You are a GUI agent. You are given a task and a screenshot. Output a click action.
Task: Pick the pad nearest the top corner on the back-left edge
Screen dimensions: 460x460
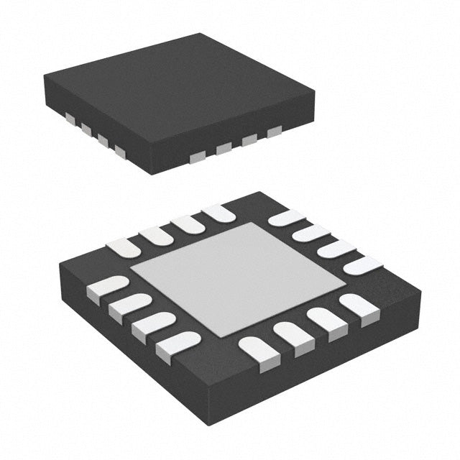[220, 213]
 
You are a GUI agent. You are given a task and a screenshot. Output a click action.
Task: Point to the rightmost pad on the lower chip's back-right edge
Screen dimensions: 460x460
[363, 265]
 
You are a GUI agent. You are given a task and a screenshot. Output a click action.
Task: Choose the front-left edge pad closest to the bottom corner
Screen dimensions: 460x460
[176, 344]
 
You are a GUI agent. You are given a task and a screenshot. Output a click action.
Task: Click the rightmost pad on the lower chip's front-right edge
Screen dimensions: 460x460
[359, 305]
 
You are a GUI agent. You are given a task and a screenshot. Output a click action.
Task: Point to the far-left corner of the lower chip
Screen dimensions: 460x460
[60, 270]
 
